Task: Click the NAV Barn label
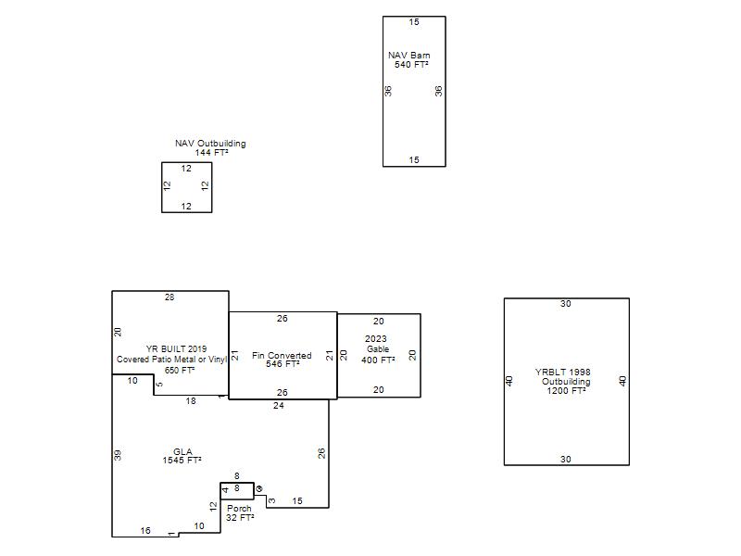409,56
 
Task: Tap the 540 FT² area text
411,64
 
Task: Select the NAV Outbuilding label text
210,144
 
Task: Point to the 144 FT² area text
212,153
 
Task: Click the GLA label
182,451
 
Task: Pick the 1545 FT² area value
182,460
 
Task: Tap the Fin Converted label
282,355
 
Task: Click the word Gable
378,349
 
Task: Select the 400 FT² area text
378,360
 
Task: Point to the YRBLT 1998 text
563,373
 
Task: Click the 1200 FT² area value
566,390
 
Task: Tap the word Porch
239,508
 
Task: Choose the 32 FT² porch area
240,518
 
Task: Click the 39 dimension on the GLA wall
118,455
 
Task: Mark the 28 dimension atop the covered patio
170,297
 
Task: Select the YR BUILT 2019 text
176,349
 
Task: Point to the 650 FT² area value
180,370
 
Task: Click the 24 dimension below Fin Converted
279,405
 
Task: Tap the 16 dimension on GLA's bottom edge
145,530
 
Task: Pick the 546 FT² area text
283,363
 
